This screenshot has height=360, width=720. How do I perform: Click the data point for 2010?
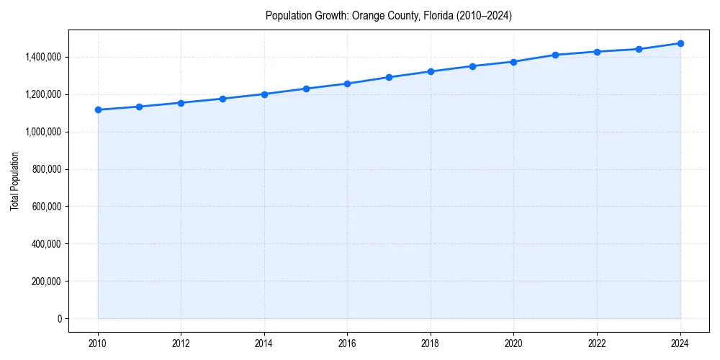(98, 110)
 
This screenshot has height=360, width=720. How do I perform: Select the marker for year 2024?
(680, 43)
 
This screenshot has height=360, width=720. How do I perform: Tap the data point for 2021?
(555, 55)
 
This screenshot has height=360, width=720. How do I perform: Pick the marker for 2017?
(389, 77)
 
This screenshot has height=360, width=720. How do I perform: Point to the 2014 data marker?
(264, 94)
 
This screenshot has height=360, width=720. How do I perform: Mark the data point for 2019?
(472, 66)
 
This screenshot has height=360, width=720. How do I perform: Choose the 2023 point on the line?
(639, 49)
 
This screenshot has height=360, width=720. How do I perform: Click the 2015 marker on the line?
(306, 89)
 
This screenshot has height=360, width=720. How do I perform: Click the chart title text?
(389, 16)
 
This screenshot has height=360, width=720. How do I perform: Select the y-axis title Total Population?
(14, 181)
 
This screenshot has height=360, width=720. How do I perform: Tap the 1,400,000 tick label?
(42, 57)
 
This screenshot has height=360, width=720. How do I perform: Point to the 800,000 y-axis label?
(46, 169)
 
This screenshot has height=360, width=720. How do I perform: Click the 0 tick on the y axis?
(58, 319)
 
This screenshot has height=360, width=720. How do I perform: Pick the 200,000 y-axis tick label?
(46, 282)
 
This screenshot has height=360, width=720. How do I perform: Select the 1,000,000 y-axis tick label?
(42, 132)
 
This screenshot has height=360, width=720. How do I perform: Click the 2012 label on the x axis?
(181, 343)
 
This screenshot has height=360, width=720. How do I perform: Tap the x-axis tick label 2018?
(431, 343)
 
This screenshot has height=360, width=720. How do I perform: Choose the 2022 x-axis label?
(597, 343)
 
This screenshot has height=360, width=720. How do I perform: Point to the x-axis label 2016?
(347, 343)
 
